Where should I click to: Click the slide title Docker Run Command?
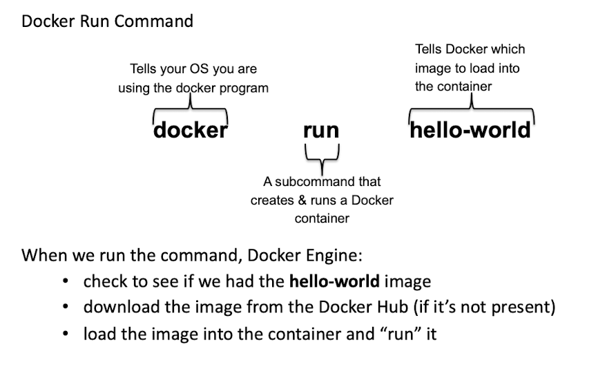click(107, 21)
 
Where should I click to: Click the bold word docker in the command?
click(190, 130)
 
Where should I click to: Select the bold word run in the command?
click(321, 130)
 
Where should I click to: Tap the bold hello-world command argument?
click(470, 130)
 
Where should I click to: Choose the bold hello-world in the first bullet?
click(334, 281)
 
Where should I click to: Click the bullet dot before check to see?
click(65, 282)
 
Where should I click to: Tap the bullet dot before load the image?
click(65, 334)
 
